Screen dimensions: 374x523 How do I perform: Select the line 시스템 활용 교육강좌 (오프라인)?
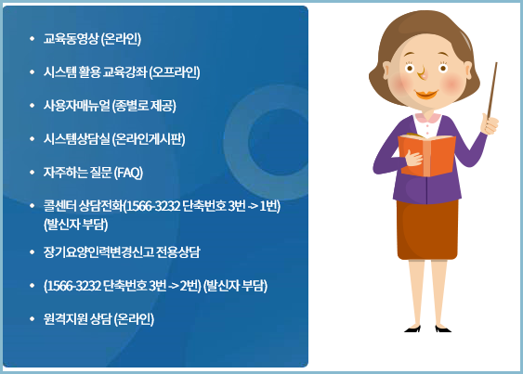[122, 72]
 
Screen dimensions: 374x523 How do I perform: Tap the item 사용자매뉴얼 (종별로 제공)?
[110, 106]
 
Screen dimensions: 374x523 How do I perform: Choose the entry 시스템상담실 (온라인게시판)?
[114, 139]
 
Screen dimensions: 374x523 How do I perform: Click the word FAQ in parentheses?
[127, 173]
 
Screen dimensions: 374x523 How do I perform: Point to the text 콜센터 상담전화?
[83, 206]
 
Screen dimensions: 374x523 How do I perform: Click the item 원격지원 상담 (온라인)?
[98, 319]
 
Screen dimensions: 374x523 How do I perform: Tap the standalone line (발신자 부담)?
[75, 224]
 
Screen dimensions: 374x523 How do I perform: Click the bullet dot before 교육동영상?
[32, 40]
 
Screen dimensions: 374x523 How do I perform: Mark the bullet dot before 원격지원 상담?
[32, 319]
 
